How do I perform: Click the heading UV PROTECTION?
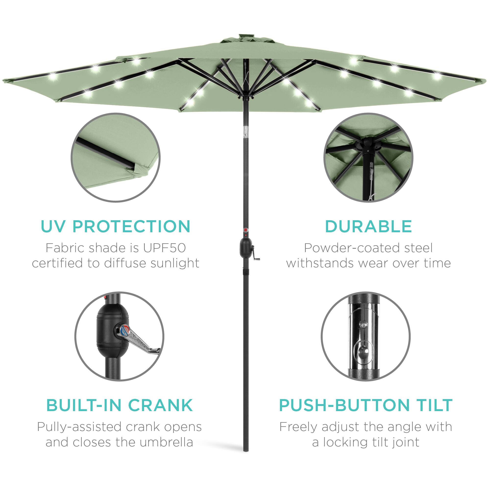tap(115, 226)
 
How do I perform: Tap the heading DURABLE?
tap(368, 226)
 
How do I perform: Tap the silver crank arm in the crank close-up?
tap(142, 341)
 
